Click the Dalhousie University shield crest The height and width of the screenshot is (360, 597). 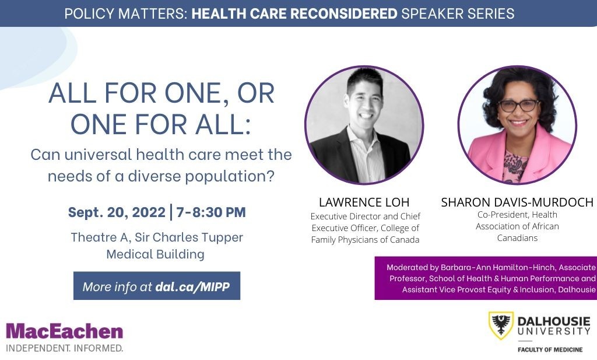click(501, 326)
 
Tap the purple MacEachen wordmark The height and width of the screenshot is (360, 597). click(65, 331)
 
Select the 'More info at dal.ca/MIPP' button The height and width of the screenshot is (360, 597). click(157, 286)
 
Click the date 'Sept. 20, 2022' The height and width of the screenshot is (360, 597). click(116, 212)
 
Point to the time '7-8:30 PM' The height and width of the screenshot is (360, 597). click(211, 212)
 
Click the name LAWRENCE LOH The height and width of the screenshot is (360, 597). click(364, 202)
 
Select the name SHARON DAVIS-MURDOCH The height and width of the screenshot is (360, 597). click(517, 202)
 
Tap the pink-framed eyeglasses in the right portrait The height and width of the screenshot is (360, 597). click(518, 106)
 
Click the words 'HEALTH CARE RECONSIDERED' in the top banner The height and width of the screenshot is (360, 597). click(294, 13)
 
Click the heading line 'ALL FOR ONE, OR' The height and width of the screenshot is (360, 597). click(161, 94)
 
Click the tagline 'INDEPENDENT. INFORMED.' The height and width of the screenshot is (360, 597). click(65, 348)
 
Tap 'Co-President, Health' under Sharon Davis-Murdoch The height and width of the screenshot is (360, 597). click(517, 215)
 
